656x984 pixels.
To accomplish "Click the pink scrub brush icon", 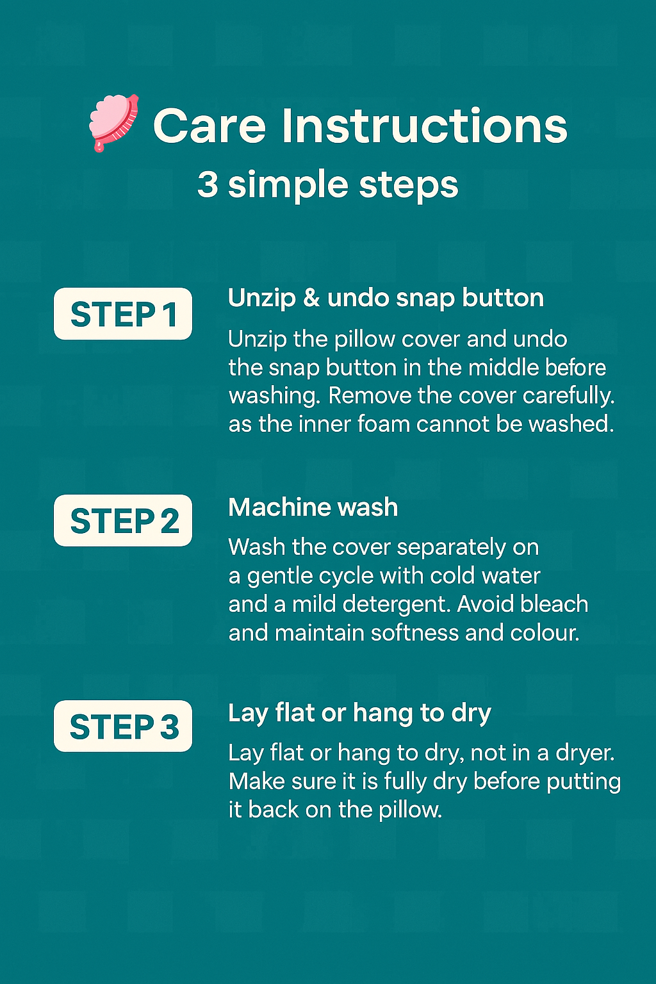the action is click(114, 122).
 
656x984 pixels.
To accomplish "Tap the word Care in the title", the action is click(209, 126).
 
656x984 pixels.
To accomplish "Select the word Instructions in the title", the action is click(425, 126).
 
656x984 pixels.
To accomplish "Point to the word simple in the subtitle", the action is click(288, 185).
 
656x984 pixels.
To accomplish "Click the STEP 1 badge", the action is click(123, 314).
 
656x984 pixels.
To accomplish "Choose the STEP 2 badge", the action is click(123, 521).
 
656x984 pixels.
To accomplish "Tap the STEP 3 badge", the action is click(123, 726).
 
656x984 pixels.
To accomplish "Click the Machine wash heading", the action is click(313, 507).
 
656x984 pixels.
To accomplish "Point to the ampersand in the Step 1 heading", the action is click(311, 299).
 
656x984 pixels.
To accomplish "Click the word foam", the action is click(383, 424).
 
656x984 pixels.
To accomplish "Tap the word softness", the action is click(414, 633).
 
